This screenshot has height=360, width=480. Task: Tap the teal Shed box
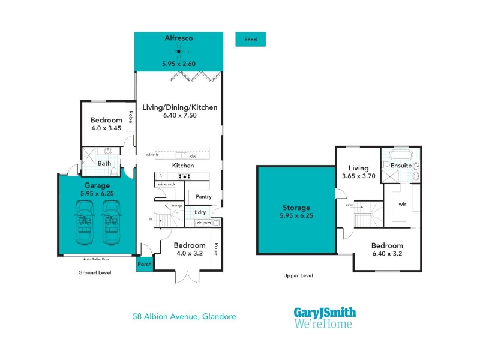250,40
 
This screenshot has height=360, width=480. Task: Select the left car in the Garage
85,222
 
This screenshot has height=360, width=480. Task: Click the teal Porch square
144,263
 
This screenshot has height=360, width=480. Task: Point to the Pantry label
204,197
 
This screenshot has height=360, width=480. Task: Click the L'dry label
200,212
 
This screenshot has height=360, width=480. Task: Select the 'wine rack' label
167,184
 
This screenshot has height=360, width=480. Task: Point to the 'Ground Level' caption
95,272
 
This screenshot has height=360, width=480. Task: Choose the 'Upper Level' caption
298,276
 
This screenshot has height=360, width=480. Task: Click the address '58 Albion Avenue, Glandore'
184,316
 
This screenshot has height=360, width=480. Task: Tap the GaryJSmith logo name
325,313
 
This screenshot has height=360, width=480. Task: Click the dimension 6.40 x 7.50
179,115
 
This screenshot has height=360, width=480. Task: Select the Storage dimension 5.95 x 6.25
296,215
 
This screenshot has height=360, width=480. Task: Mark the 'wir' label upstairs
403,203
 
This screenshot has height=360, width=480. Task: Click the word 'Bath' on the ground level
104,163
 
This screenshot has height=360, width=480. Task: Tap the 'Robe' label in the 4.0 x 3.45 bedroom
130,117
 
